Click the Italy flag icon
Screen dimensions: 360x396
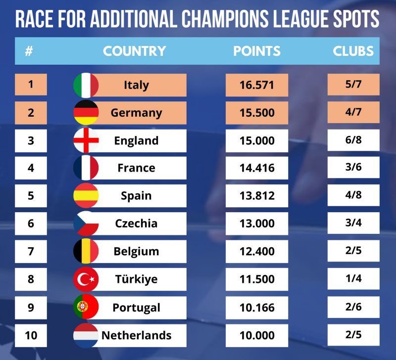pos(86,85)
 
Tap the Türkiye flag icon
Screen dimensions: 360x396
pos(86,279)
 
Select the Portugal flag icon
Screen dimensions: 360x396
pos(86,307)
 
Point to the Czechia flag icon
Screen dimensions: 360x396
pos(86,224)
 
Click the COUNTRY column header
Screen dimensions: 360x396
pos(134,51)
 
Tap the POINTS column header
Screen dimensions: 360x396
pos(256,51)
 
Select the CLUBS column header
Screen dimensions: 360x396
pos(353,51)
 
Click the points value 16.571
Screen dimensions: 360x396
pos(256,85)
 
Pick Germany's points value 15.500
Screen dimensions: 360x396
pos(256,113)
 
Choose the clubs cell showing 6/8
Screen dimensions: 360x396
pos(353,140)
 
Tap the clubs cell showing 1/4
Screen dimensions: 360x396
pos(353,279)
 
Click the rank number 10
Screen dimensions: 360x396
pos(31,335)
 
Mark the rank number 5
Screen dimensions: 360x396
pos(31,195)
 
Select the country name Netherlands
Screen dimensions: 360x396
pos(136,335)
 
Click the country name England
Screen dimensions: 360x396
pos(136,140)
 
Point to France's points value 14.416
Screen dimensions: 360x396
pos(256,168)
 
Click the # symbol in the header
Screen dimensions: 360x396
pos(29,51)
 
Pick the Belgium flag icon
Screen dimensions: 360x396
pos(86,251)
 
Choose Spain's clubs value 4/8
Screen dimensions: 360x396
pos(353,195)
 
